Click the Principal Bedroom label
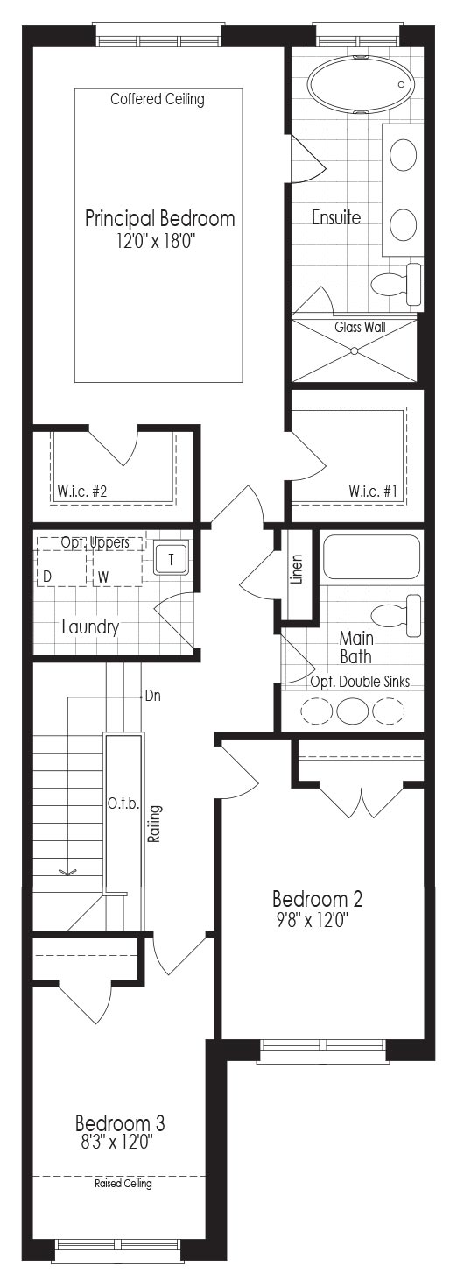160,219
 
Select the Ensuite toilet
397,284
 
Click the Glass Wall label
360,327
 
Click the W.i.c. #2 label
82,492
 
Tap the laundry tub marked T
172,558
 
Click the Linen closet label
297,570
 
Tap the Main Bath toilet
397,616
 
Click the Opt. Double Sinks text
360,682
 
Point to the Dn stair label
153,696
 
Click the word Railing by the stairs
154,824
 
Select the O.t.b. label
123,803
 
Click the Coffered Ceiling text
157,99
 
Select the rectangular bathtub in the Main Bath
371,556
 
